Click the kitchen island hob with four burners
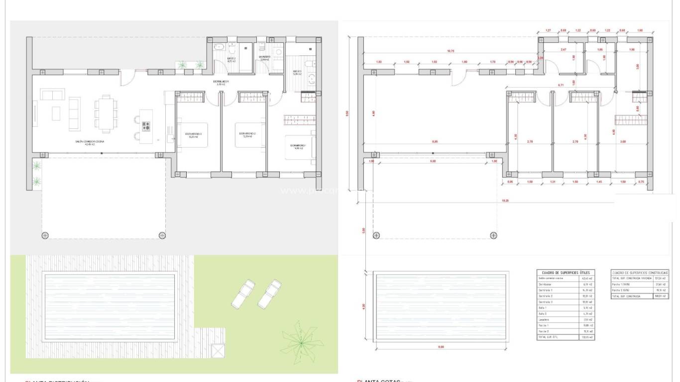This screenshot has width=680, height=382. [146, 126]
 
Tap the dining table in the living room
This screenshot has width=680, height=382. [106, 114]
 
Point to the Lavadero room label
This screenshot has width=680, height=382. [264, 57]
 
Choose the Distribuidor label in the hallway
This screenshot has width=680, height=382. [221, 82]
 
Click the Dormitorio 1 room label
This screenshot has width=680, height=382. [299, 146]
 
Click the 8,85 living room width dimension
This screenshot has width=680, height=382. [435, 142]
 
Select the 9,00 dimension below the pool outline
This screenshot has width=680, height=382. [441, 347]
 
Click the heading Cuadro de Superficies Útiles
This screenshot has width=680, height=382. [565, 273]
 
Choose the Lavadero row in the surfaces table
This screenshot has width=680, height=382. [545, 320]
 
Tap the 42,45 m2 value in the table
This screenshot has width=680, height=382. [586, 279]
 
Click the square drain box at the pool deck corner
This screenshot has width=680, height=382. [219, 351]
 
